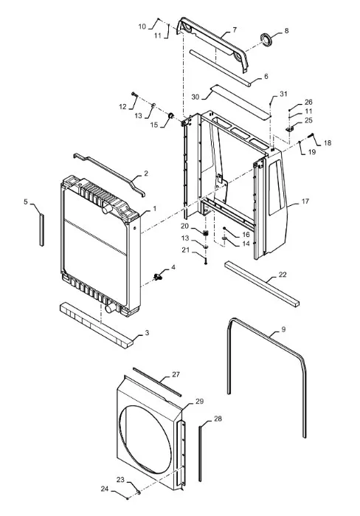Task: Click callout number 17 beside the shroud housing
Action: (305, 201)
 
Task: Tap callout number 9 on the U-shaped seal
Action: (284, 329)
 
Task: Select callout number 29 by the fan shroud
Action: (200, 402)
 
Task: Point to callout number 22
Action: (283, 275)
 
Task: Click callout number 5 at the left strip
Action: (26, 202)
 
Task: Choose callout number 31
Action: (283, 94)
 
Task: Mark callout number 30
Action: (195, 97)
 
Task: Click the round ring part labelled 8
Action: (266, 39)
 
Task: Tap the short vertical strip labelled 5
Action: (42, 230)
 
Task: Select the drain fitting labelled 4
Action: (158, 277)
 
